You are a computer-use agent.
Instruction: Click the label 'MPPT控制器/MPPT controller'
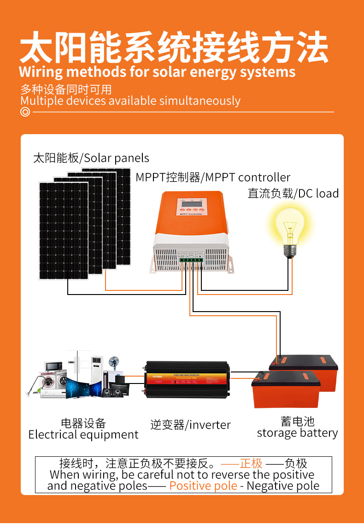[213, 177]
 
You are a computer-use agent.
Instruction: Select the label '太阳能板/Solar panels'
[91, 158]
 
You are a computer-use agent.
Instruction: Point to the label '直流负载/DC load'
[293, 194]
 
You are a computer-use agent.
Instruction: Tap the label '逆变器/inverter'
[190, 425]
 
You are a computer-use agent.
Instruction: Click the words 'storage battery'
[297, 433]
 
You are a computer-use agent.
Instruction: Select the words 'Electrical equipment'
[83, 435]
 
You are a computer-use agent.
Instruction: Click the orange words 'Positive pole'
[203, 485]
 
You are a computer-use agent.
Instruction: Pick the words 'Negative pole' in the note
[283, 485]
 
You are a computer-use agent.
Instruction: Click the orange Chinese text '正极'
[251, 463]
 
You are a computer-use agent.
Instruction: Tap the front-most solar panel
[64, 230]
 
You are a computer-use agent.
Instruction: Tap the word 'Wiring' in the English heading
[41, 72]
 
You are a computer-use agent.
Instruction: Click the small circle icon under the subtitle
[25, 112]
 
